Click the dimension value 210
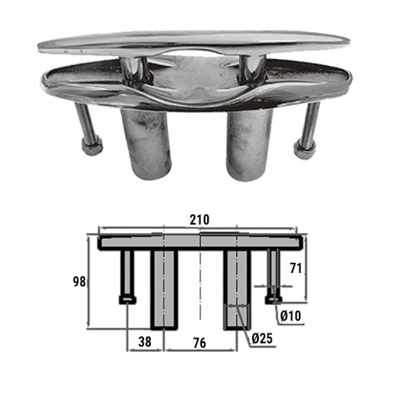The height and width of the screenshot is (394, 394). click(x=199, y=220)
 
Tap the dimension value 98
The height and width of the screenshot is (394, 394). click(x=79, y=282)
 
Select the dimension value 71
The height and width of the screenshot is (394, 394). click(x=295, y=268)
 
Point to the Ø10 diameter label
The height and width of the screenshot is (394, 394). click(x=291, y=316)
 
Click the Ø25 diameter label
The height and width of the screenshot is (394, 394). click(x=262, y=338)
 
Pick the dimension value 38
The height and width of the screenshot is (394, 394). click(x=145, y=342)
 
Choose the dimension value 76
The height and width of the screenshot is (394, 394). click(x=200, y=343)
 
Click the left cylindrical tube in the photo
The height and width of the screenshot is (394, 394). click(x=146, y=144)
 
